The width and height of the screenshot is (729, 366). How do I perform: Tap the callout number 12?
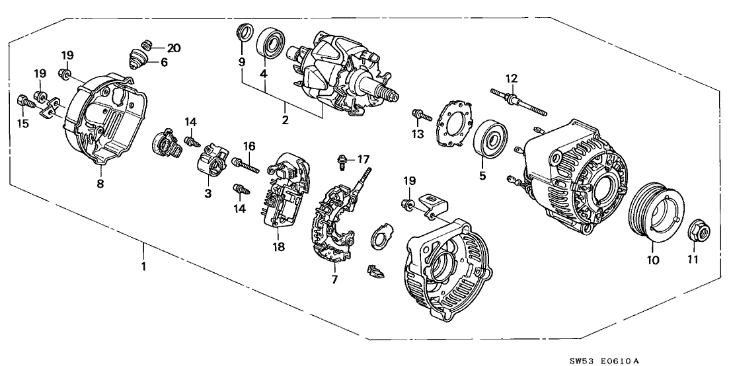point(510,79)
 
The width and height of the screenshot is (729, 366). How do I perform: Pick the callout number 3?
point(208,193)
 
